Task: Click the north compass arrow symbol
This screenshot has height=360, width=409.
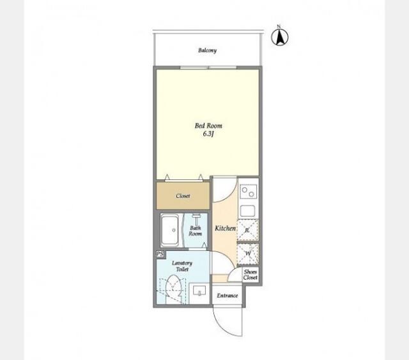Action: pos(280,37)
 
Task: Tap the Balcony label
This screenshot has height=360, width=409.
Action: pos(207,50)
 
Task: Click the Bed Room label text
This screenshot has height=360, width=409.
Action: pos(208,126)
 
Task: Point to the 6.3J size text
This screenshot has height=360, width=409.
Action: pos(208,134)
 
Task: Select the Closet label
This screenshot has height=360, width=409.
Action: pos(183,196)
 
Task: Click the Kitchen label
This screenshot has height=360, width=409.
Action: pos(225,228)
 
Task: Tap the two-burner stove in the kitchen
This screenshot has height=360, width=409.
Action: pos(249,191)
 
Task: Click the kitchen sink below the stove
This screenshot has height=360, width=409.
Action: pos(247,211)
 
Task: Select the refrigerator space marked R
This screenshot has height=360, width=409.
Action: pos(247,230)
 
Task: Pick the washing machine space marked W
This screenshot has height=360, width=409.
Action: pos(248,253)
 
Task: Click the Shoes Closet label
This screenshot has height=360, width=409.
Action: pos(251,274)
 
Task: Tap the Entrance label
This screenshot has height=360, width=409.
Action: pos(228,296)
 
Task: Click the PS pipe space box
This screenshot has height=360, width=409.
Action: pos(160,254)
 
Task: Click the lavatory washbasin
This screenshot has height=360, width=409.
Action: pos(199,292)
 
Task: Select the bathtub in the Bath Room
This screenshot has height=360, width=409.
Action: pos(170,230)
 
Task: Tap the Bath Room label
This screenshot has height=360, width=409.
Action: pos(196,230)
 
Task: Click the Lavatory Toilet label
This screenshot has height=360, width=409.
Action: pos(182,266)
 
